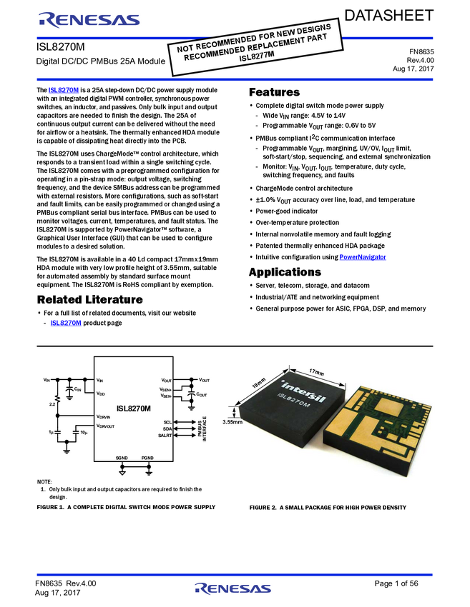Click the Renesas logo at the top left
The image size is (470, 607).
pyautogui.click(x=89, y=21)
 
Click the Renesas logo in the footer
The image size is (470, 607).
pyautogui.click(x=233, y=589)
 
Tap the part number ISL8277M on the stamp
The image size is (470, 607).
pyautogui.click(x=256, y=61)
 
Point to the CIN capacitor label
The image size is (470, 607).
pyautogui.click(x=77, y=389)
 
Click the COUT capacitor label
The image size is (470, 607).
pyautogui.click(x=201, y=394)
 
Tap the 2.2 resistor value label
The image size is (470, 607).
pyautogui.click(x=52, y=403)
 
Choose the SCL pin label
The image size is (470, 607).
pyautogui.click(x=167, y=423)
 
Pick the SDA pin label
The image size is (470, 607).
pyautogui.click(x=167, y=429)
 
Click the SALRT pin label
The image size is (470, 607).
pyautogui.click(x=165, y=436)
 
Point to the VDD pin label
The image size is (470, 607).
pyautogui.click(x=101, y=393)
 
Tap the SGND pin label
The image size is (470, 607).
pyautogui.click(x=122, y=458)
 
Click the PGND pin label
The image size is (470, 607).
pyautogui.click(x=148, y=458)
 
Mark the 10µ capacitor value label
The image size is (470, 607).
pyautogui.click(x=84, y=433)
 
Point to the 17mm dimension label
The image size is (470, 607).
pyautogui.click(x=317, y=372)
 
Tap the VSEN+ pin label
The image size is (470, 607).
pyautogui.click(x=165, y=389)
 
